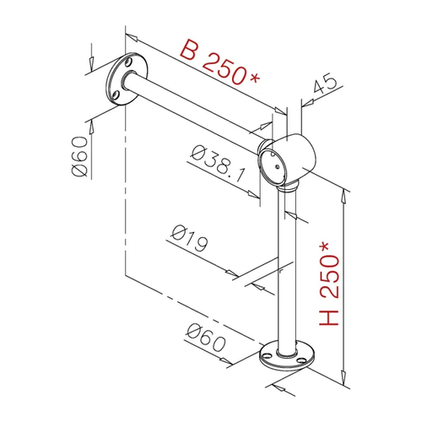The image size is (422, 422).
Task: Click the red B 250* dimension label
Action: point(219,62)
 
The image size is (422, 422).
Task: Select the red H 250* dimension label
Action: point(329,284)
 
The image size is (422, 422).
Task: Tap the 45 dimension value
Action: point(324,83)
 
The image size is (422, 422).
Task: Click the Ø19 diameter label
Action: point(190,238)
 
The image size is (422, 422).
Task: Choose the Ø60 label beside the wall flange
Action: point(80,156)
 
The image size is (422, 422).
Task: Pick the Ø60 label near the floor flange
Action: point(206,338)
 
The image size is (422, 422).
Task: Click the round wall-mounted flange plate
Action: point(126,79)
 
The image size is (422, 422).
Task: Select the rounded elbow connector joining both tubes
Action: point(287,161)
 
